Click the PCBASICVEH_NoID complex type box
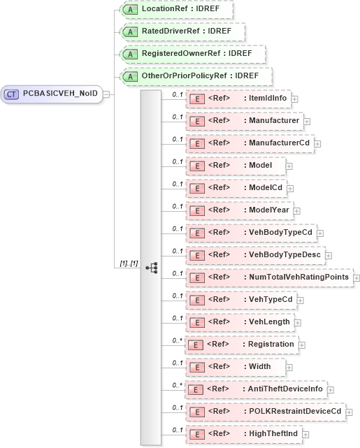53,94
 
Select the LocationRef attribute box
176,10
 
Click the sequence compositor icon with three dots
151,267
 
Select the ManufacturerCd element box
250,143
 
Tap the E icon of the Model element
197,166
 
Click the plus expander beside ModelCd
290,188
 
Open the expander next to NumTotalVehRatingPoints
357,277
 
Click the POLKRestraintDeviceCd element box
266,412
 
